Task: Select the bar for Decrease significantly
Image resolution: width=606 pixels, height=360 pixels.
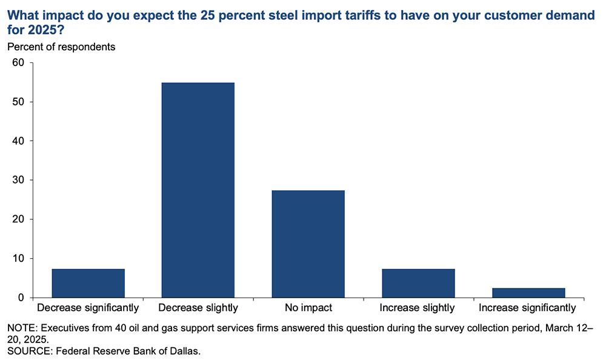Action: [88, 283]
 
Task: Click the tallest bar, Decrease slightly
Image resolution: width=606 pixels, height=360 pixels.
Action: [198, 190]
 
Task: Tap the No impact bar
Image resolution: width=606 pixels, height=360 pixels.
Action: [308, 244]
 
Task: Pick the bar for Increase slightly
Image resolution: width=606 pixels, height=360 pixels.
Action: [418, 283]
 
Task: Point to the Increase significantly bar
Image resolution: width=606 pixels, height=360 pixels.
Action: [528, 293]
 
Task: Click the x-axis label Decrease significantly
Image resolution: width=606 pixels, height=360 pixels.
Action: [88, 308]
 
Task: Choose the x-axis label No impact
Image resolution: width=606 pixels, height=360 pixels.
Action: [308, 308]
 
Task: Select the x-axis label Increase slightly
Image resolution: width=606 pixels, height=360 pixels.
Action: [418, 308]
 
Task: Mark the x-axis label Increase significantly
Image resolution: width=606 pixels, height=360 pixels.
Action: [528, 308]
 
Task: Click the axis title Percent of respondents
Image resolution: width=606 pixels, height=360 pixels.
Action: [61, 47]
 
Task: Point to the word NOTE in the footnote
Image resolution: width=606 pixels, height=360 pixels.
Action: [21, 328]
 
